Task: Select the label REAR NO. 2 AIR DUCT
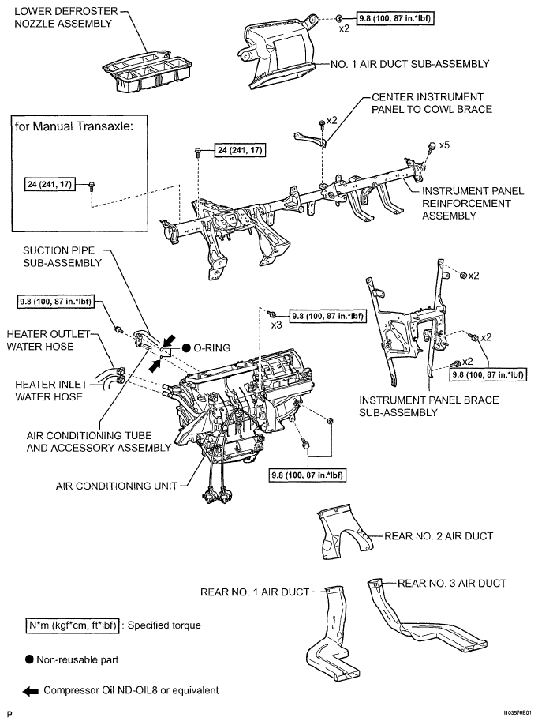(x=439, y=536)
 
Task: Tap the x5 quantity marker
(x=444, y=145)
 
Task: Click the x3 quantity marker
(x=277, y=325)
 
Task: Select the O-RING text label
(x=211, y=347)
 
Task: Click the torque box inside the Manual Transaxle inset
(x=50, y=184)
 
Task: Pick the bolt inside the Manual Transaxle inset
(x=92, y=186)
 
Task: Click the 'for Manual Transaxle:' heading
(x=74, y=126)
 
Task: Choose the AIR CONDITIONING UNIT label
(x=117, y=486)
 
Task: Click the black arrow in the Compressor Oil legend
(x=31, y=692)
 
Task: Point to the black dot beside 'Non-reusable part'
(x=29, y=659)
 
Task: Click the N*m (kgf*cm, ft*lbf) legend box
(x=72, y=625)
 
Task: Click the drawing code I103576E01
(x=517, y=713)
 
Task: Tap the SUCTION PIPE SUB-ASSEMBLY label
(x=62, y=257)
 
